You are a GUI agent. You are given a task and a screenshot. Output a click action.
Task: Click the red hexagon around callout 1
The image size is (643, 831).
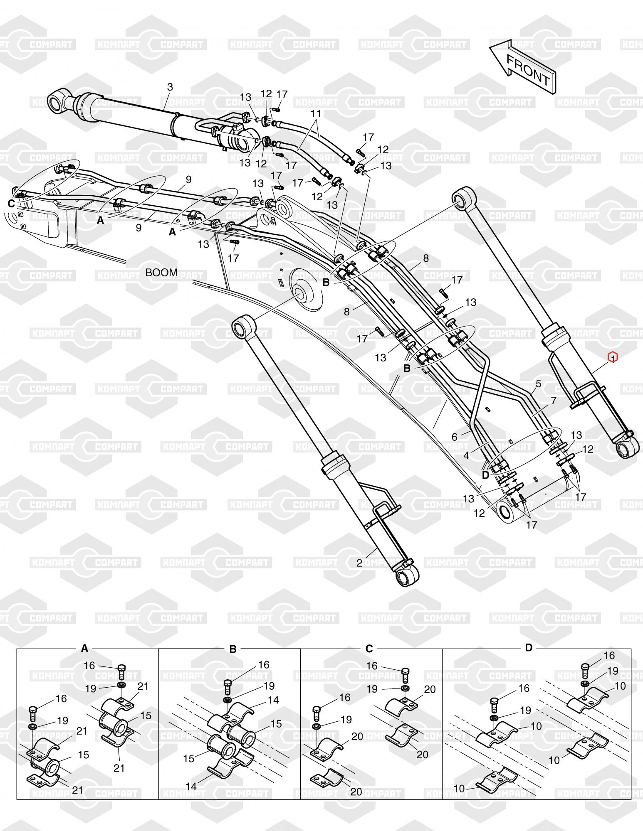[x=613, y=357]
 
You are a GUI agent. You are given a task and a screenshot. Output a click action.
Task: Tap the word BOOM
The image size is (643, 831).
[x=161, y=273]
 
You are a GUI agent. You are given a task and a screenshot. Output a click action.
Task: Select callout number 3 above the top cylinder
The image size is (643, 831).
[x=170, y=87]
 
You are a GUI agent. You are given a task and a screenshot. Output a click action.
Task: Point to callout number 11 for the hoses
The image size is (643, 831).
[x=316, y=113]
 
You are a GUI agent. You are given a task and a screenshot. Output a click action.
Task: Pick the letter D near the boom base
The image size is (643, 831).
[x=485, y=474]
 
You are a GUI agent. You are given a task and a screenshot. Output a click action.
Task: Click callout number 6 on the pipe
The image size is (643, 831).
[x=455, y=437]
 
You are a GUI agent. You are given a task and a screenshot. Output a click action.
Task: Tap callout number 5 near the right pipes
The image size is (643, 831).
[x=538, y=384]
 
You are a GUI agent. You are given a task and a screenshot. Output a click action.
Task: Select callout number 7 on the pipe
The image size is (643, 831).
[x=553, y=401]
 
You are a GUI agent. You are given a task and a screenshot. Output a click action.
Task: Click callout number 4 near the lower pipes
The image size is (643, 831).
[x=466, y=455]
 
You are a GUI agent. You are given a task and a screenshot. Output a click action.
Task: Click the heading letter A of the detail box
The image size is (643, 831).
[x=84, y=649]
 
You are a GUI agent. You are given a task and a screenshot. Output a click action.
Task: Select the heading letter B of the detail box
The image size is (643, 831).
[x=233, y=649]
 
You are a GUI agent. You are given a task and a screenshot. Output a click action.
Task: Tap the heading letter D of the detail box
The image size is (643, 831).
[x=528, y=647]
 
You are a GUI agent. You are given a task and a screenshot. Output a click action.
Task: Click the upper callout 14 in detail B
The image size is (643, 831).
[x=273, y=700]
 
